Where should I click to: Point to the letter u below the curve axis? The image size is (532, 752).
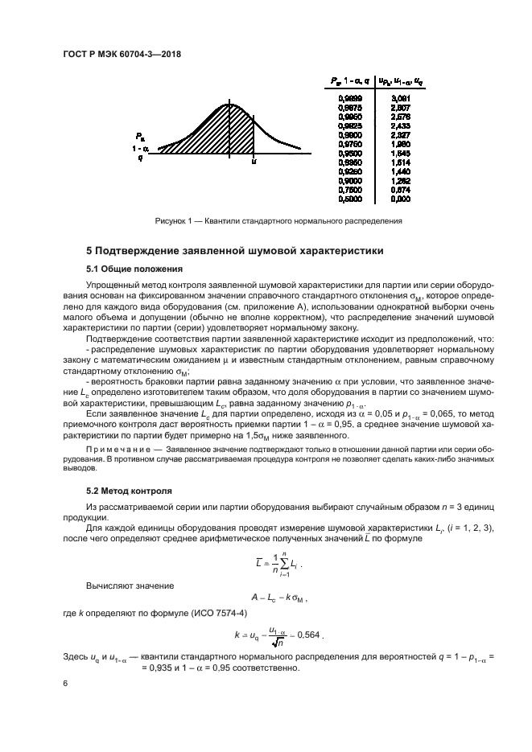254,162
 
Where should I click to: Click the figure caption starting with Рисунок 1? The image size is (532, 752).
278,220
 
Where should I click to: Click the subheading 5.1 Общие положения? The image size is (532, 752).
134,269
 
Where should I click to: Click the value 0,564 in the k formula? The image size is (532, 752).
308,635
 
